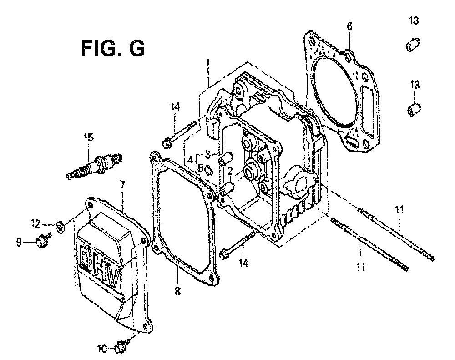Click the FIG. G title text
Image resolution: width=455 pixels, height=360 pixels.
[x=112, y=48]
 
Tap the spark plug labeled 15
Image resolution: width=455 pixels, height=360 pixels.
[x=95, y=167]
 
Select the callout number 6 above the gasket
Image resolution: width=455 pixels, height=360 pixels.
[x=349, y=26]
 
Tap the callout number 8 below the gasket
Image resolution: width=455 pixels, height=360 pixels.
[x=177, y=290]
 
